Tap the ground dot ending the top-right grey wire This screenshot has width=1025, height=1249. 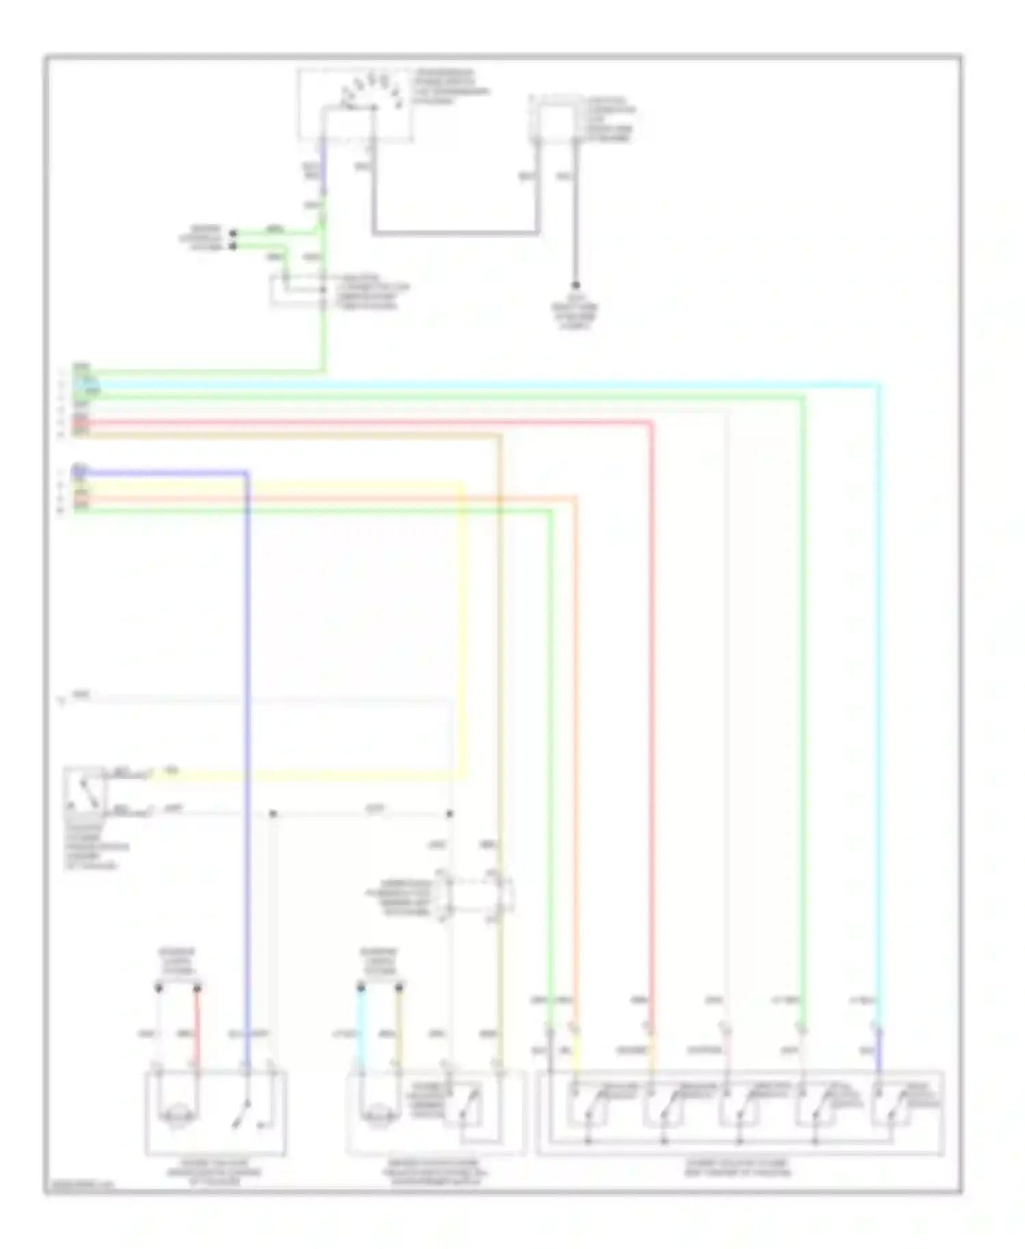click(x=575, y=286)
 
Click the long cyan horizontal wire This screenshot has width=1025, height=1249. click(x=478, y=385)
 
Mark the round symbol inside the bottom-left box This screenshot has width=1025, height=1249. click(x=176, y=1116)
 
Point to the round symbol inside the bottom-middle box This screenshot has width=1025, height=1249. click(x=380, y=1116)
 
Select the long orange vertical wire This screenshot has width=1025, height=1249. click(x=575, y=752)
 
